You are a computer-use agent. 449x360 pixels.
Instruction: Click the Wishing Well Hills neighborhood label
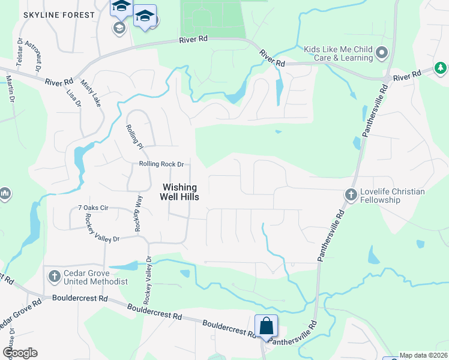[x=180, y=191]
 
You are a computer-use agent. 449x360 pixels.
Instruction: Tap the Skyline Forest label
[x=59, y=14]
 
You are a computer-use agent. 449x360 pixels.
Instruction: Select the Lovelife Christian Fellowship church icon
[x=351, y=194]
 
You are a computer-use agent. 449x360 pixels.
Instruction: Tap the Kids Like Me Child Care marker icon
[x=381, y=53]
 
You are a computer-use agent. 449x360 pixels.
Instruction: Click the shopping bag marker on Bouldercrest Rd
[x=266, y=327]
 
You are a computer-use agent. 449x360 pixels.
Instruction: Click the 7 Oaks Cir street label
[x=92, y=208]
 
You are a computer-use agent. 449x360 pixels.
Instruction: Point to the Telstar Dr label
[x=20, y=51]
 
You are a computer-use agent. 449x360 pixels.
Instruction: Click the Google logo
[x=20, y=353]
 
